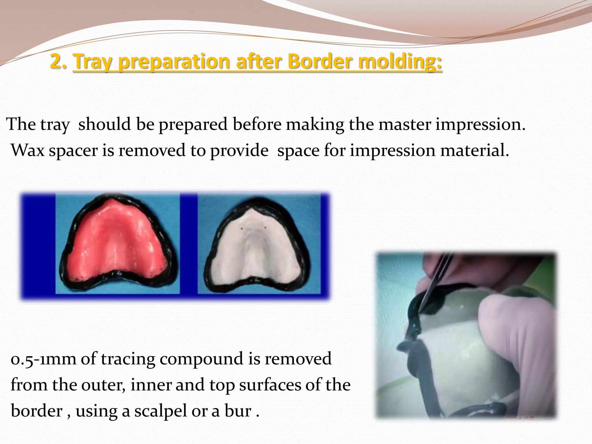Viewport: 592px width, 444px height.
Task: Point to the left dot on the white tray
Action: point(242,228)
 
